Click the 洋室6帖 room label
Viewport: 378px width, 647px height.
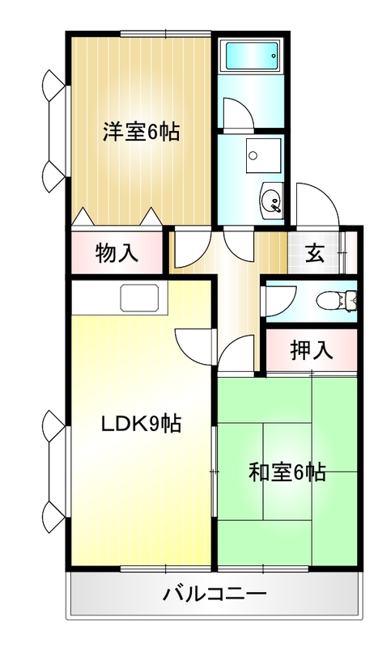point(140,133)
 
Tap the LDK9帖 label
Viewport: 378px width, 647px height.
point(140,422)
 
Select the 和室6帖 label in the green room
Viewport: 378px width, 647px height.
point(287,472)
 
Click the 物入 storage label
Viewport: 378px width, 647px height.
point(117,253)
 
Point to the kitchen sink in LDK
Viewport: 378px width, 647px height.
point(142,298)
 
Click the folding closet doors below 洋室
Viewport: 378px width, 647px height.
point(115,218)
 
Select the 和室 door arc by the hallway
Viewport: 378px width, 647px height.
point(237,356)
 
